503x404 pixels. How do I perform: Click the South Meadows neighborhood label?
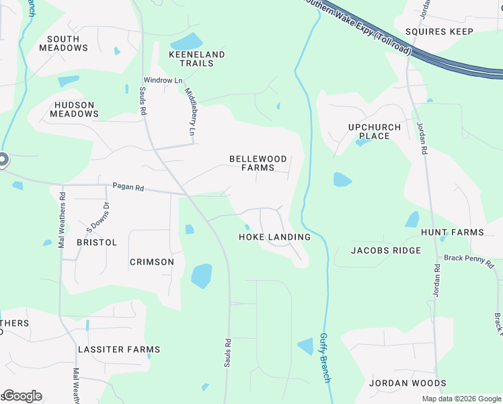point(63,44)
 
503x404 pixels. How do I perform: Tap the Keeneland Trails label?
point(197,59)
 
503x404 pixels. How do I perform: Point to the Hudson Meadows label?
point(75,110)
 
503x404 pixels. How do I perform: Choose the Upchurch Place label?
point(375,131)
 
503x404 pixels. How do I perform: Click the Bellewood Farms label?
point(258,163)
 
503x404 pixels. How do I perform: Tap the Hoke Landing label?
point(275,237)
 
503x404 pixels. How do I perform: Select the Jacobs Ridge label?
point(386,250)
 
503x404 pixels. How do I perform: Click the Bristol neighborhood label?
point(97,242)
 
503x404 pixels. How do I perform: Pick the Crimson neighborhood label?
point(151,262)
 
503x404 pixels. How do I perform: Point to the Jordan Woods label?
point(408,383)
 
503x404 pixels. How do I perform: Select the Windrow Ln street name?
point(163,81)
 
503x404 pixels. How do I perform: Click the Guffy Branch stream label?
point(325,358)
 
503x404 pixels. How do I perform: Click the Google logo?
point(22,396)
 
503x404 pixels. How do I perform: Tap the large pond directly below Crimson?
point(201,275)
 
